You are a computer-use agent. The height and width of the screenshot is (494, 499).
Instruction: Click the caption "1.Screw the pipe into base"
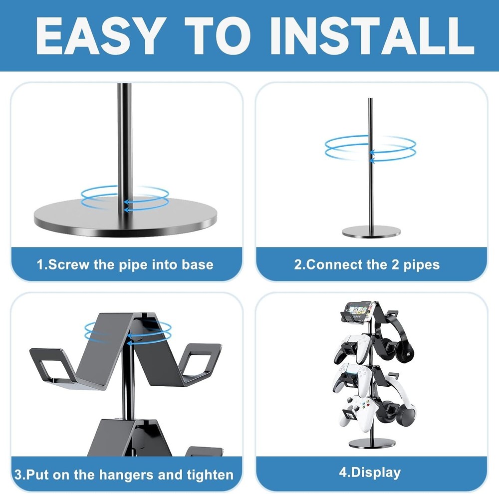pyautogui.click(x=125, y=264)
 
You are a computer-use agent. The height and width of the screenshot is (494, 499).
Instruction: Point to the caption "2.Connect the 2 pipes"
pyautogui.click(x=367, y=264)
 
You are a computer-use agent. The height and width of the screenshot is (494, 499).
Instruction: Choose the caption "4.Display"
pyautogui.click(x=370, y=472)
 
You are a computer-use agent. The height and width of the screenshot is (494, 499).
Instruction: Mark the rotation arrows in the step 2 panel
pyautogui.click(x=370, y=147)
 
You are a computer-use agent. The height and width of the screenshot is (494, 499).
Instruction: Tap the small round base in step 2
pyautogui.click(x=371, y=231)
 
